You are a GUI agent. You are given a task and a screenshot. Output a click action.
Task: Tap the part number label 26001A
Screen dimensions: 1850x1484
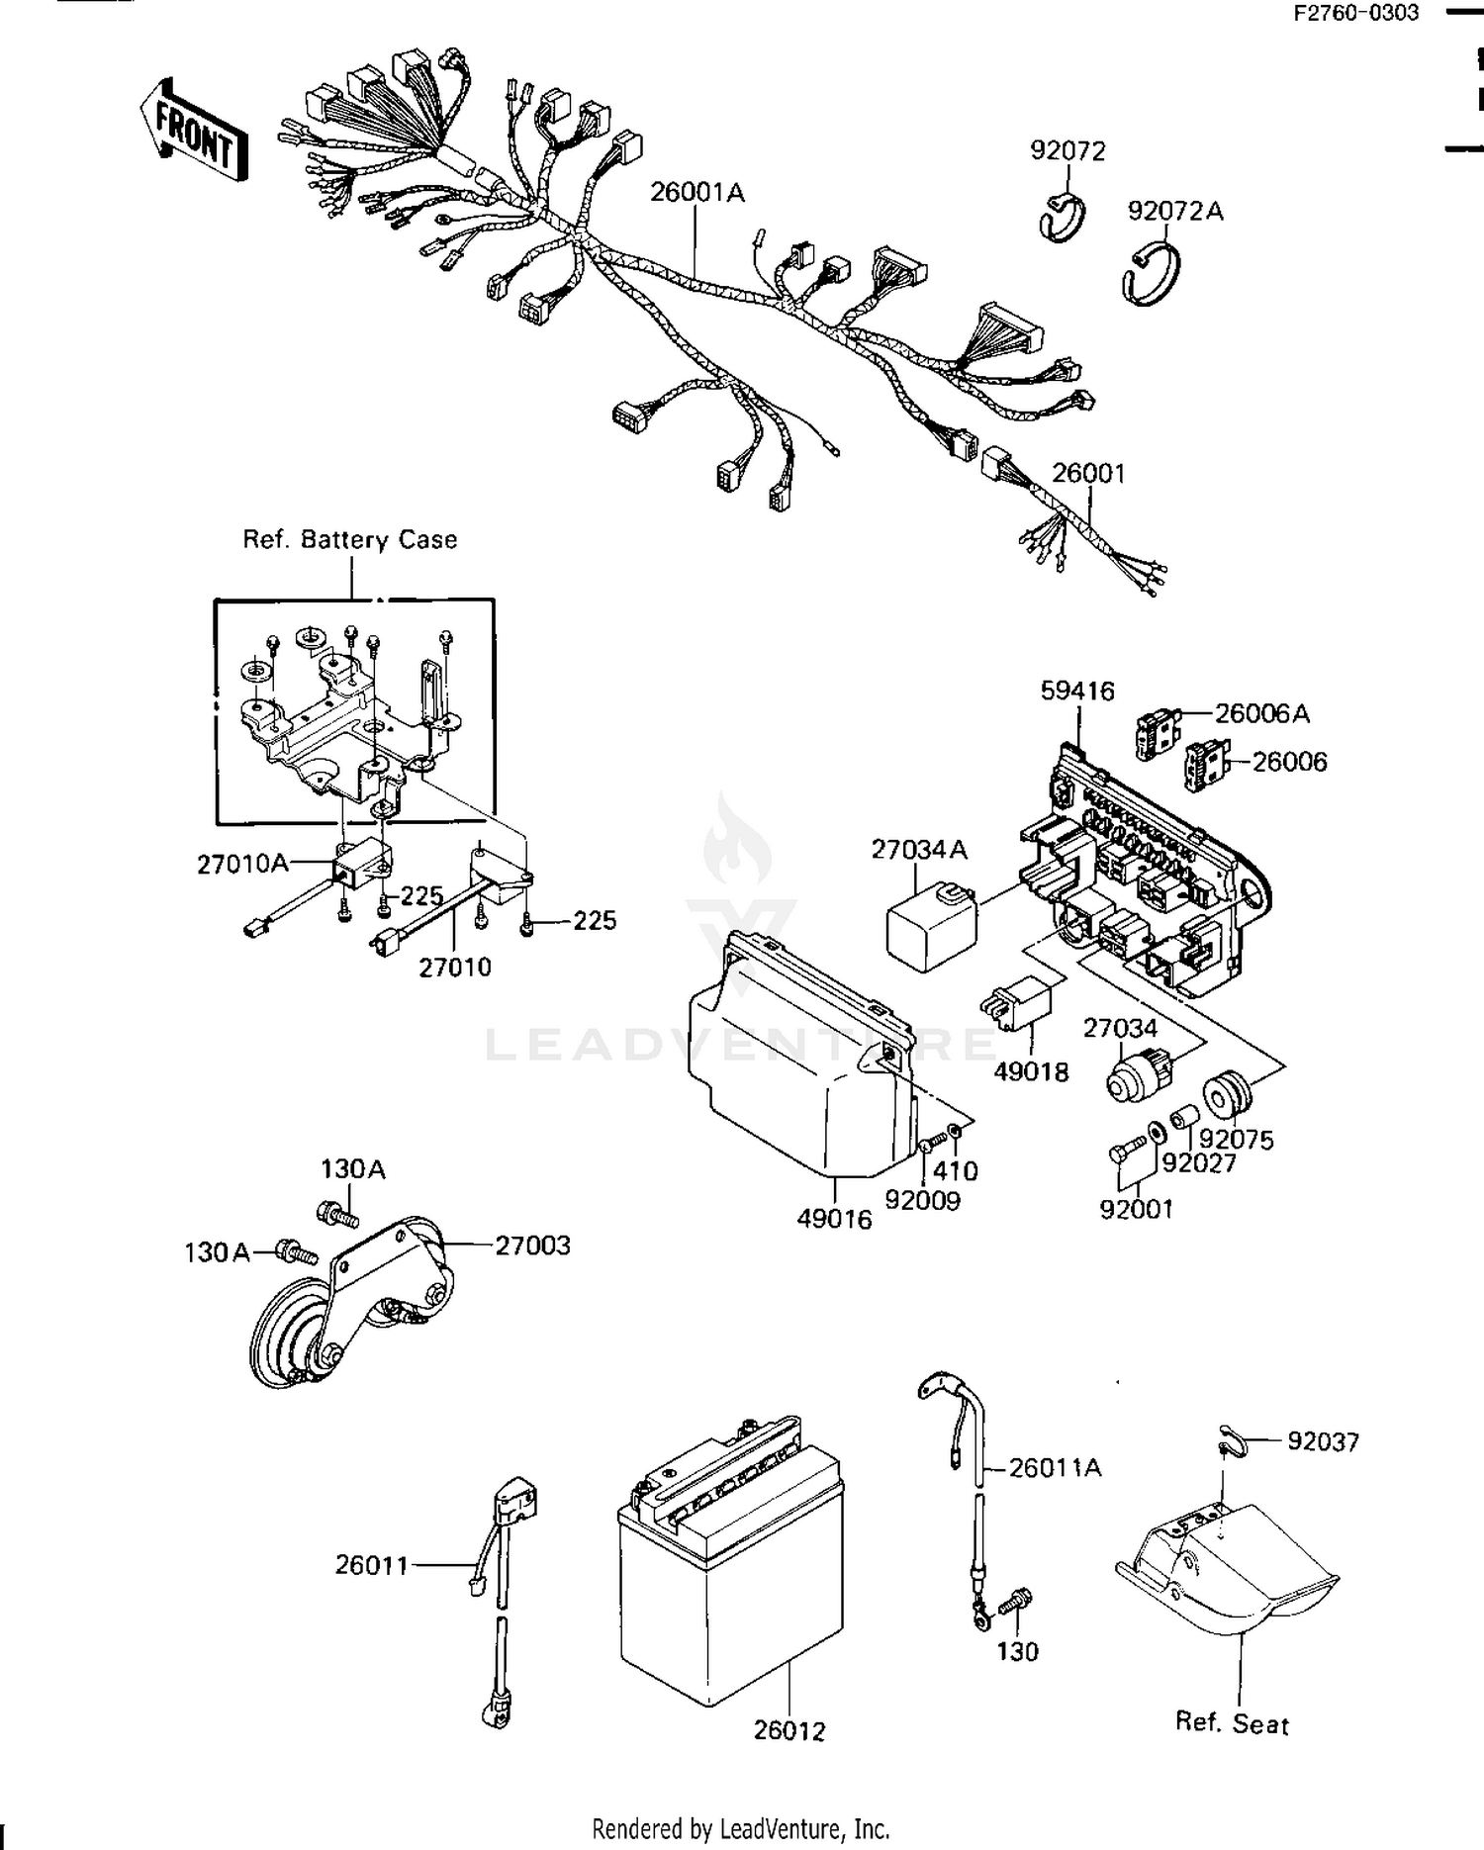[696, 192]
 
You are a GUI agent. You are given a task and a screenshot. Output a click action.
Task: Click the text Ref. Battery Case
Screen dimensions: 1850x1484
[350, 540]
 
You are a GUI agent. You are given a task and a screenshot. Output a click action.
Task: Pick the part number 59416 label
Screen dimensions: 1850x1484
[1076, 691]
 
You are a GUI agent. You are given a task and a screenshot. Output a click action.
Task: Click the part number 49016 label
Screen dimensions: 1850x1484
[834, 1219]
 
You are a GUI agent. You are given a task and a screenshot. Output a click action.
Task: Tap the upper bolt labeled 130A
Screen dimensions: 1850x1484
[336, 1215]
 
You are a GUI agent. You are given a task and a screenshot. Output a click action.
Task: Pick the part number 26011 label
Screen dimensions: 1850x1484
[371, 1565]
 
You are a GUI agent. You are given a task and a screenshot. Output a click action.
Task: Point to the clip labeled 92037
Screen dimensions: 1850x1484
[1229, 1442]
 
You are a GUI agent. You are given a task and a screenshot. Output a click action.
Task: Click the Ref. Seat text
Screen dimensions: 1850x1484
[1231, 1724]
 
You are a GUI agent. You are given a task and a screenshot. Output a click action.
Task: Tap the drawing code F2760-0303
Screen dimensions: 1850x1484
[1357, 13]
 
